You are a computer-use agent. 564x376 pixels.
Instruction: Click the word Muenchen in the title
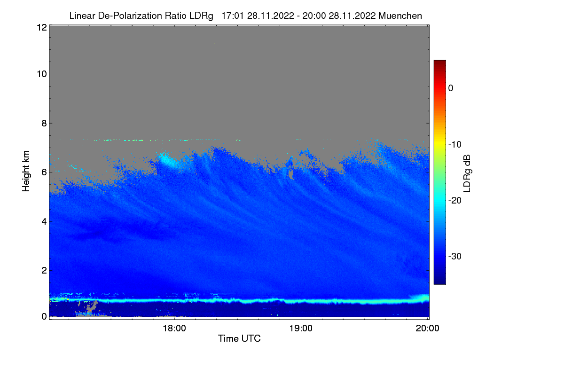coord(400,16)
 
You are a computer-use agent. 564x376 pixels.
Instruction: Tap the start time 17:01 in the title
coord(232,16)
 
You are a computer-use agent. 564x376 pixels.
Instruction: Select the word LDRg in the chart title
coord(201,16)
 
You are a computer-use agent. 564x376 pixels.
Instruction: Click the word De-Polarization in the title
coord(130,16)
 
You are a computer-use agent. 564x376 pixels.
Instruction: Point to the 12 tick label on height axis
coord(42,27)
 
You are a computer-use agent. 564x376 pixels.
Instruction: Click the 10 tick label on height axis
coord(42,74)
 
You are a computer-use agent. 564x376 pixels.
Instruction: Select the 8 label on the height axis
coord(44,123)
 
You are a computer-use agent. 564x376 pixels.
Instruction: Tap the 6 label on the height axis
coord(44,172)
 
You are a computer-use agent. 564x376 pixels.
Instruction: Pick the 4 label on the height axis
coord(44,221)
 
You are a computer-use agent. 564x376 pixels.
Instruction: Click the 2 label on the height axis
coord(44,270)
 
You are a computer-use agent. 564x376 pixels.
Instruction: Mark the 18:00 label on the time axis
coord(174,328)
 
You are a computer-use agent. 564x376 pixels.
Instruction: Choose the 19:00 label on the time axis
coord(301,328)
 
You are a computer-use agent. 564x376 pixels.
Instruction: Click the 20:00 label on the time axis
coord(427,328)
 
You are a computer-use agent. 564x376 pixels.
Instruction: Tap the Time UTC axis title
coord(239,338)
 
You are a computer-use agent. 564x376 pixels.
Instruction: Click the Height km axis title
coord(26,171)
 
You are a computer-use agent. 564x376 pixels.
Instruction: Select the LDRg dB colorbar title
coord(467,173)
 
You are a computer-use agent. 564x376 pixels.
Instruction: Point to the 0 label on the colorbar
coord(451,88)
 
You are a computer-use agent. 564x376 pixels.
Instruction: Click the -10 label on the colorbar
coord(455,145)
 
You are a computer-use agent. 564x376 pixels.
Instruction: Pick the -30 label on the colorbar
coord(455,256)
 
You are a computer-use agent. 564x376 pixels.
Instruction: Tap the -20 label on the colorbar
coord(455,201)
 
